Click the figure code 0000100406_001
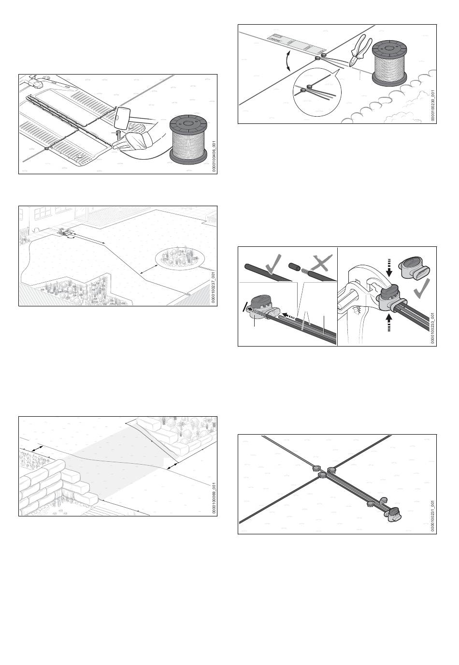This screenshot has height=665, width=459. pos(214,156)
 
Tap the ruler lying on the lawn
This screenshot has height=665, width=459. pos(297,45)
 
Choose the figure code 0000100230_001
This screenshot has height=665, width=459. pos(433,106)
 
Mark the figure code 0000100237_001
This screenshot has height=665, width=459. pos(214,288)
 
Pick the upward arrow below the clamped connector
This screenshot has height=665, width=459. pos(390,323)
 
